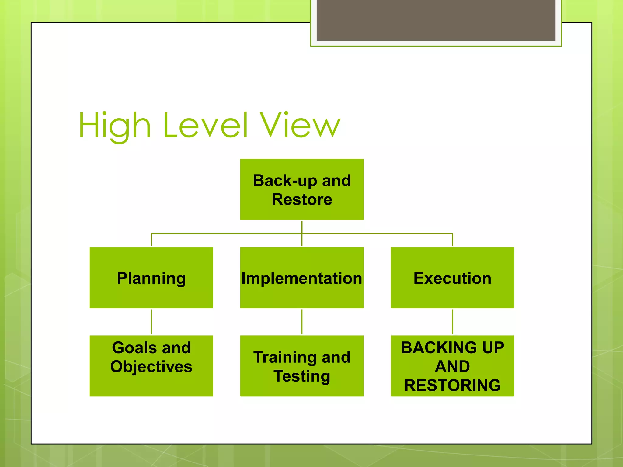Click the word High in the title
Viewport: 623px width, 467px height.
coord(115,125)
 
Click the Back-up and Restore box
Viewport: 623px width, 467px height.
coord(302,189)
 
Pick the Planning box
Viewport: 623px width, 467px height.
coord(151,278)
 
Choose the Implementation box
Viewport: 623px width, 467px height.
coord(302,278)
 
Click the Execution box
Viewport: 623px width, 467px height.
coord(452,278)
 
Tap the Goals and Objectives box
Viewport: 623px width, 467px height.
coord(151,366)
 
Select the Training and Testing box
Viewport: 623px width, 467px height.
coord(302,366)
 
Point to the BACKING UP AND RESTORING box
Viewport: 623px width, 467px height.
coord(452,366)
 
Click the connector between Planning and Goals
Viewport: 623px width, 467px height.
coord(151,322)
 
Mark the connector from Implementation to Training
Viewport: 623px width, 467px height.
coord(302,322)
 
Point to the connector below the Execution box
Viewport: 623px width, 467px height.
coord(452,322)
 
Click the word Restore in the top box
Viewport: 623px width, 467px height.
coord(302,199)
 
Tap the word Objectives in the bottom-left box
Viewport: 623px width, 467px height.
coord(151,366)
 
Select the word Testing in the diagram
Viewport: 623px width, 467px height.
coord(302,376)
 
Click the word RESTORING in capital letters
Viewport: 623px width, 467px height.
coord(452,385)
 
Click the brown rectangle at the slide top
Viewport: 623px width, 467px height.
coord(436,20)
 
